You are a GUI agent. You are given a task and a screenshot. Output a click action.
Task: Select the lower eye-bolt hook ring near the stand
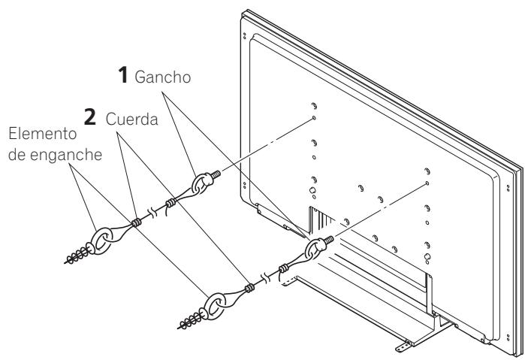pyautogui.click(x=316, y=250)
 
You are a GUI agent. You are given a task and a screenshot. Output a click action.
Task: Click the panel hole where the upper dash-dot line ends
pyautogui.click(x=313, y=119)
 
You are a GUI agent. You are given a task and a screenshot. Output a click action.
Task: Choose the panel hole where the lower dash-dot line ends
pyautogui.click(x=426, y=183)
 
